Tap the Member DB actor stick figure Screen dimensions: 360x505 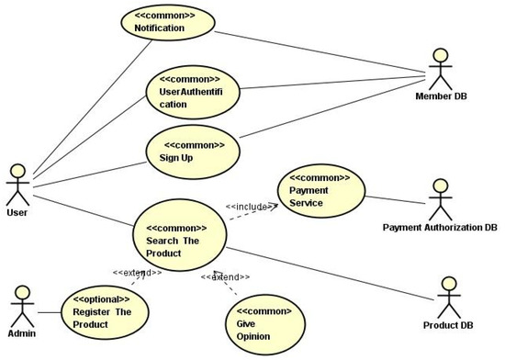point(444,65)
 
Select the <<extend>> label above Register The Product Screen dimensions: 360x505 point(138,273)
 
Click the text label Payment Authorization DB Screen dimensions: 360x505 point(439,227)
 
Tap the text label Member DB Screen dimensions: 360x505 point(444,96)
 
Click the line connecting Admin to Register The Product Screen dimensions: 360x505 point(48,309)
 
